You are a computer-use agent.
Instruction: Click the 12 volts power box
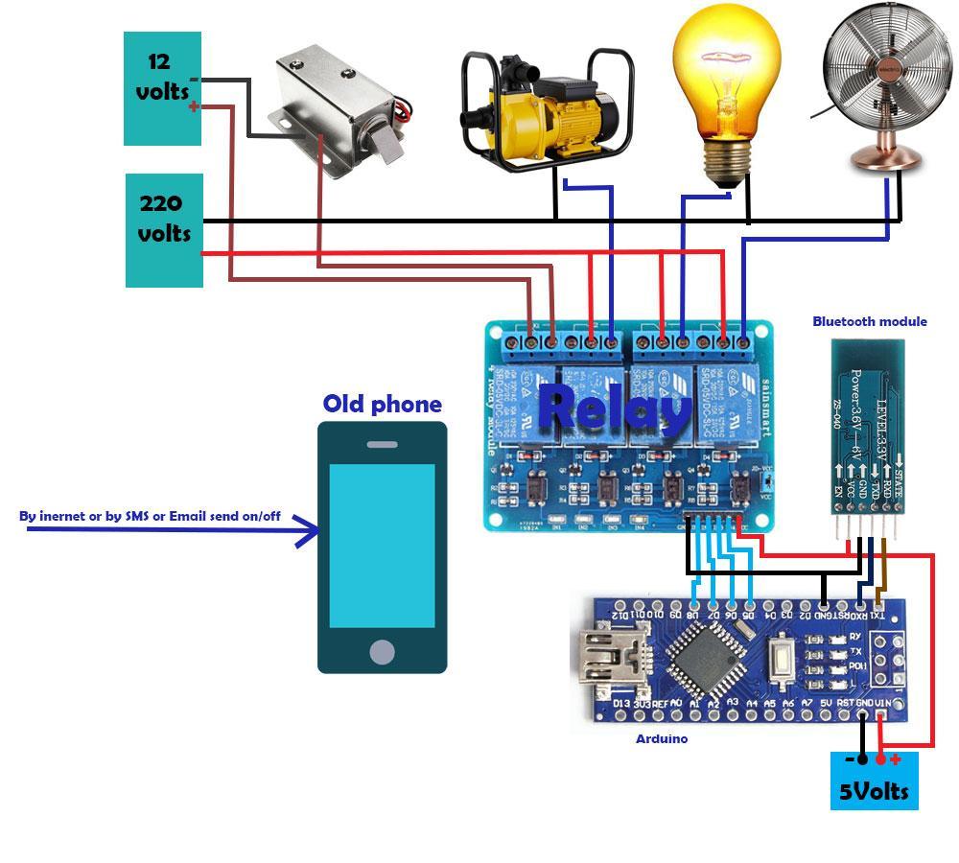[162, 88]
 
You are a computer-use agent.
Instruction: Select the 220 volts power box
[164, 230]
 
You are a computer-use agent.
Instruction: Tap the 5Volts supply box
[874, 781]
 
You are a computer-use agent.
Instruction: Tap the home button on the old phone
[382, 653]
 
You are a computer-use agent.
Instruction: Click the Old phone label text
[382, 404]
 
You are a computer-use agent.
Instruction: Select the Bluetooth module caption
[870, 321]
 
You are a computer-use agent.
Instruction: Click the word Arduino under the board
[662, 738]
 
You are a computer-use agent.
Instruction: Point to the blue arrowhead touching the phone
[309, 529]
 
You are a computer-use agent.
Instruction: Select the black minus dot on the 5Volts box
[861, 759]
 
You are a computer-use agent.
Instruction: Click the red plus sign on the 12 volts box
[195, 106]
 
